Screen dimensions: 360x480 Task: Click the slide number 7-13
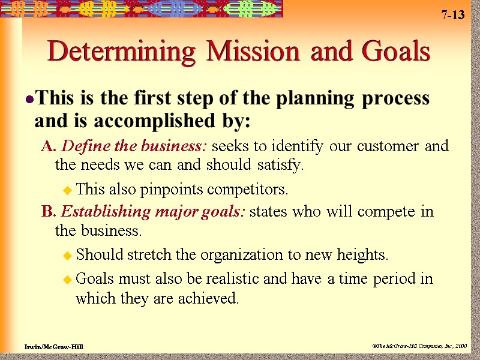tap(453, 15)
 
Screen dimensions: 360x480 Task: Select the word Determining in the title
tap(124, 53)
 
